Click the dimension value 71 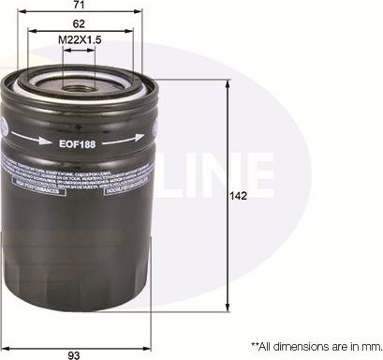(85, 7)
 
